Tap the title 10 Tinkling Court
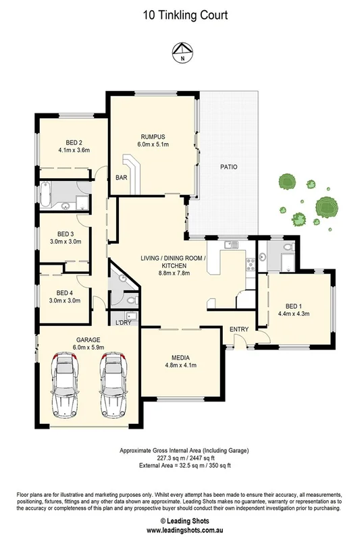tap(180, 14)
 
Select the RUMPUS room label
tap(153, 135)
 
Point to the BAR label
tap(122, 178)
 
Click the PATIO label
tap(228, 167)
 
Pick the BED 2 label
tap(70, 142)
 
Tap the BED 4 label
tap(65, 292)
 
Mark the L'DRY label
tap(123, 323)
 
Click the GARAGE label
tap(70, 341)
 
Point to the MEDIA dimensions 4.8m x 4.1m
tap(180, 366)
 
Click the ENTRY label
tap(239, 329)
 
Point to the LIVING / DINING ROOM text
tap(179, 259)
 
